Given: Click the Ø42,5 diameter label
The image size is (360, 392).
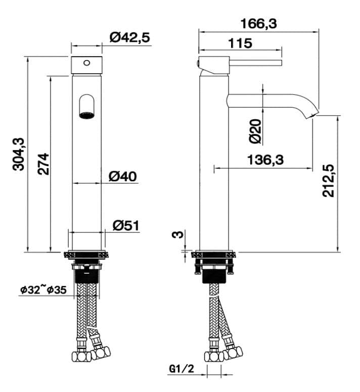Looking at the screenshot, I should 130,38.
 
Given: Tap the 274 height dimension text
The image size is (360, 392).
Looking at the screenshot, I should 43,164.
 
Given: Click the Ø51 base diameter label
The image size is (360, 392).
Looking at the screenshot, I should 125,225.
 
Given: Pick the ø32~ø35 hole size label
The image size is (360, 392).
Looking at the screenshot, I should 43,289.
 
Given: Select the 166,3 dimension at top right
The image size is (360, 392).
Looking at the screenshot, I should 259,23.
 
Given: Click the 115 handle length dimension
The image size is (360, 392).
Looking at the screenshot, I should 240,43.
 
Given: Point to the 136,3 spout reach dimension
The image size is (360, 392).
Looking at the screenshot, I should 265,160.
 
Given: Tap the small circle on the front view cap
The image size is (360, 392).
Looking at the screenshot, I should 86,63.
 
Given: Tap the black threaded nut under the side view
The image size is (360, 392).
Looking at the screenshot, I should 214,276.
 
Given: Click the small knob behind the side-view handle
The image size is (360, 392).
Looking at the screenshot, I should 197,63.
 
